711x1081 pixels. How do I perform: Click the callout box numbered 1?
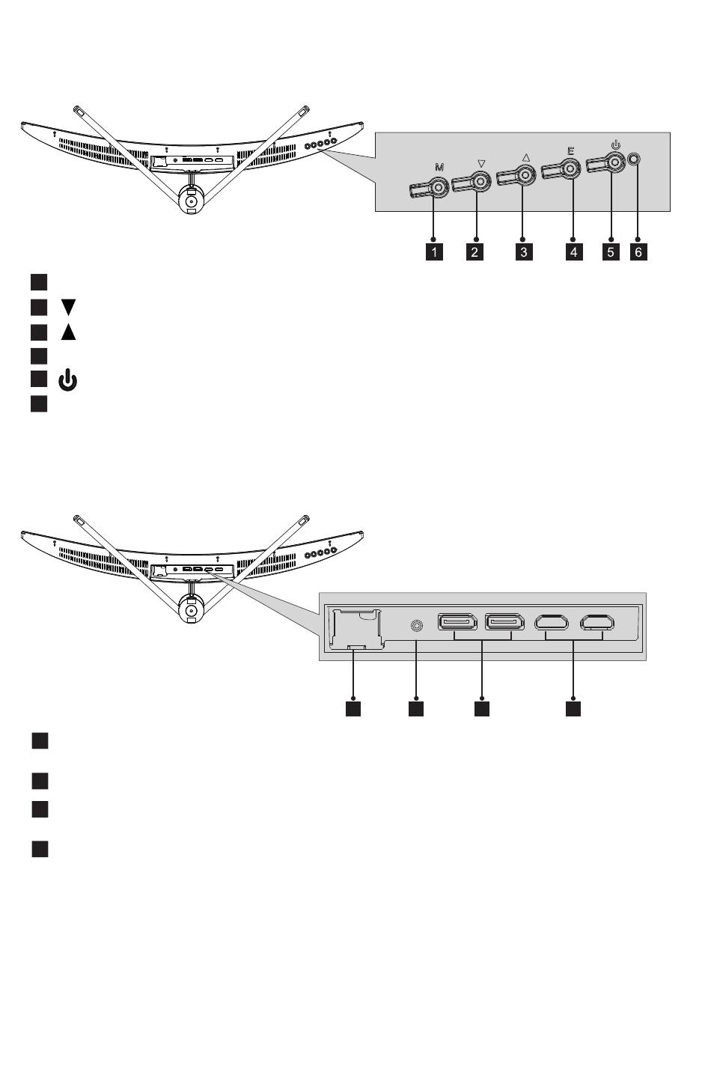tap(433, 252)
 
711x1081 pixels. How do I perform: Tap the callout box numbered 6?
tap(638, 252)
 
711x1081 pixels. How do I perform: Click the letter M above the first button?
tap(439, 168)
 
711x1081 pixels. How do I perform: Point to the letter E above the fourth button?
tap(570, 150)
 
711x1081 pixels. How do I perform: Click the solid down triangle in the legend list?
tap(68, 307)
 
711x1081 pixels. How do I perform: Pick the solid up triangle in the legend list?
tap(68, 332)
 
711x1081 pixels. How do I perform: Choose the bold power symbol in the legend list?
tap(68, 381)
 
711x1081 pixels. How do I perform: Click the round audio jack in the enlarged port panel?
tap(415, 624)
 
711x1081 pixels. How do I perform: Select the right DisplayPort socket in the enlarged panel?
tap(504, 622)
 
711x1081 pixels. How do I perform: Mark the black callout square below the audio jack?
tap(415, 707)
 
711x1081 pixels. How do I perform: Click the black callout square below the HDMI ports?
tap(573, 707)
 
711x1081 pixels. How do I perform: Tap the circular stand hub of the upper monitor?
tap(190, 201)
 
